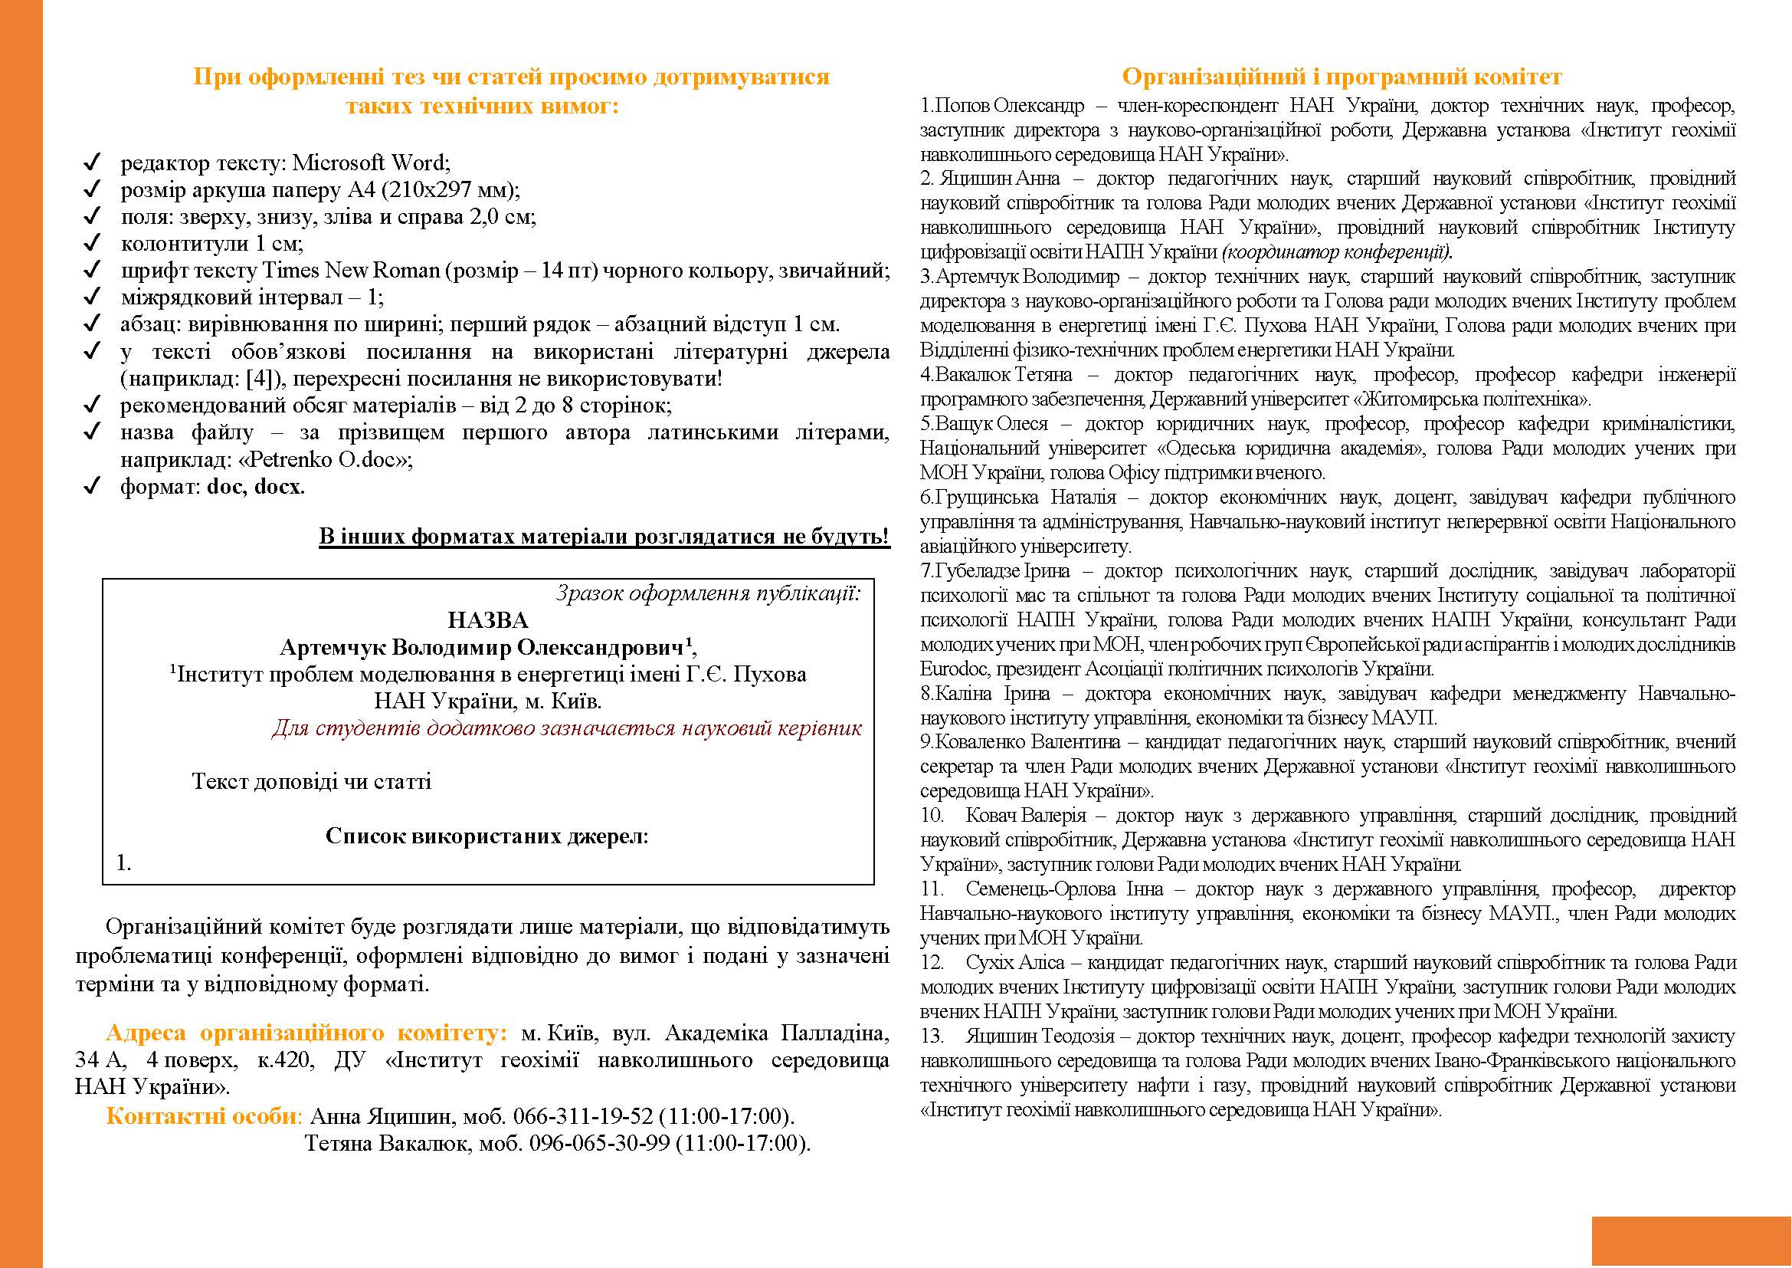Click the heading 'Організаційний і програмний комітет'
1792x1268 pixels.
1342,77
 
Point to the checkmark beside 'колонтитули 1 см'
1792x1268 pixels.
92,244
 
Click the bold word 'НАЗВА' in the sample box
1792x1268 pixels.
488,621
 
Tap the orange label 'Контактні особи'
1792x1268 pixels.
201,1115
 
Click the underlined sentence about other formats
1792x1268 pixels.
604,537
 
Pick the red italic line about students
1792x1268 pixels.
567,729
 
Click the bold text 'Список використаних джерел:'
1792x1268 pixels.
487,837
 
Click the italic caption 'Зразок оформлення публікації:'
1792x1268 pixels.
709,594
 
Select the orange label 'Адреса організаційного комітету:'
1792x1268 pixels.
306,1033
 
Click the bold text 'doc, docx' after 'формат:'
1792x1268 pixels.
254,488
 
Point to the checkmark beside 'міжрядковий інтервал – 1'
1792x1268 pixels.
92,297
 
